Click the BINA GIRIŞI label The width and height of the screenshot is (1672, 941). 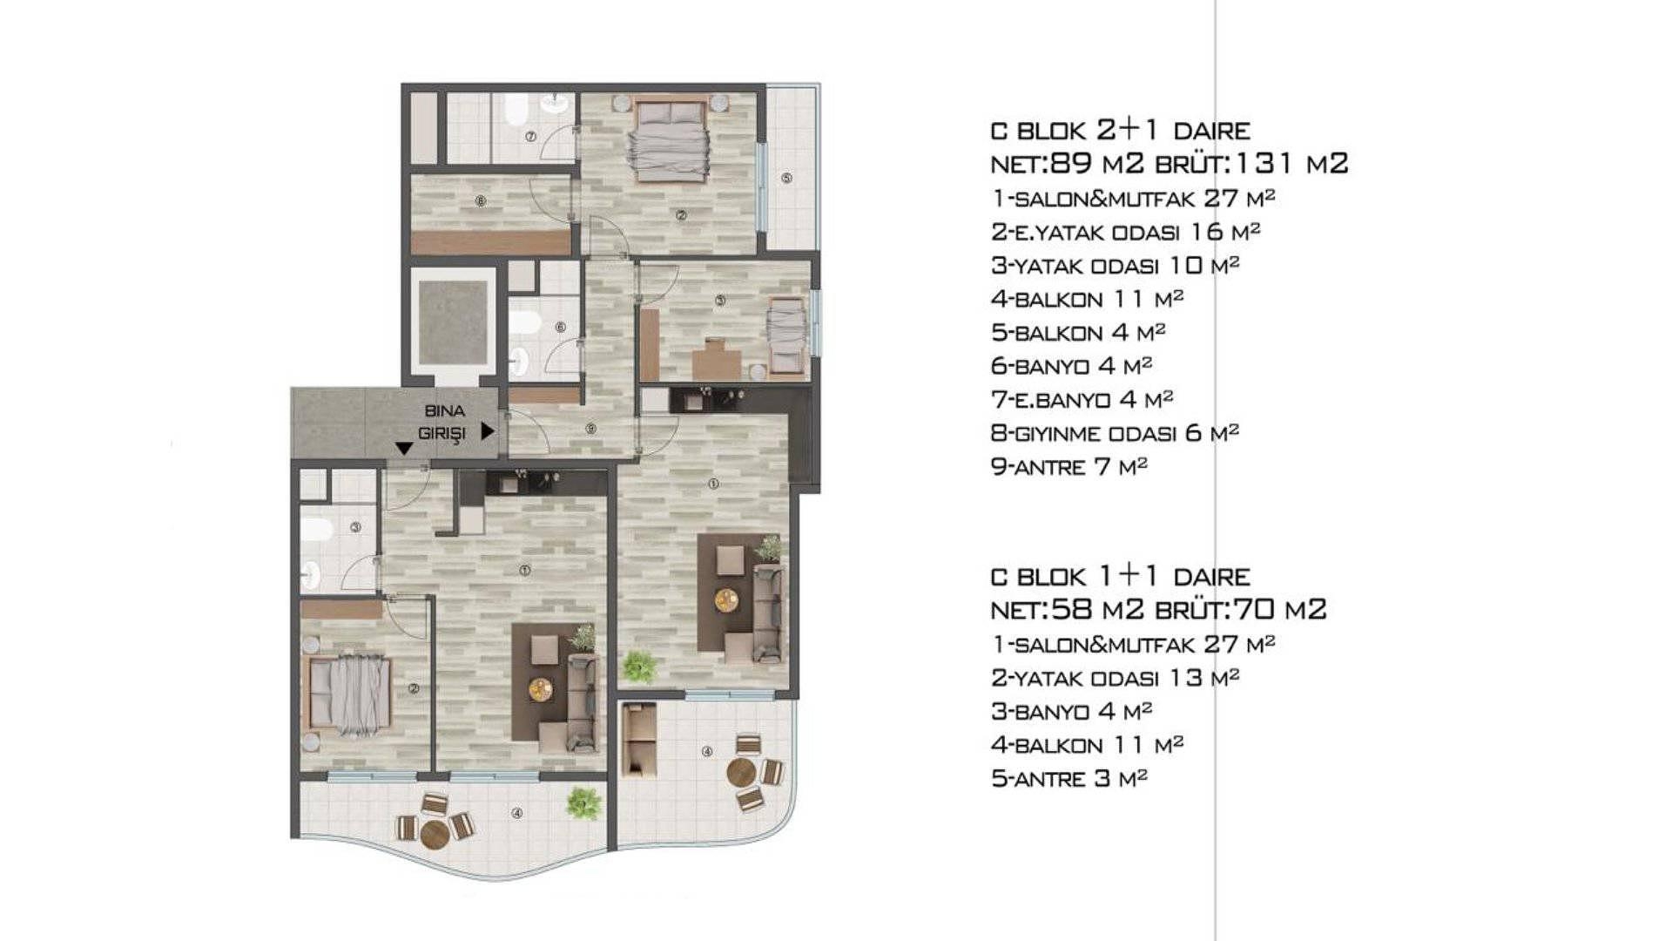[443, 422]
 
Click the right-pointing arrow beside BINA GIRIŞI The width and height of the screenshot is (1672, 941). [488, 431]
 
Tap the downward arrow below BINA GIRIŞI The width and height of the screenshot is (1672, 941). [404, 449]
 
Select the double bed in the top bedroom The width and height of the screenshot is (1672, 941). [670, 140]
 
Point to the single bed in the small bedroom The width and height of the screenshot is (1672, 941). [786, 335]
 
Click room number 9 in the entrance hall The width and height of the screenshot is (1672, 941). [590, 429]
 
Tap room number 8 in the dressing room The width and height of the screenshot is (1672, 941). [480, 201]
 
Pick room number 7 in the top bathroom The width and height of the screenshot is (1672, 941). [529, 137]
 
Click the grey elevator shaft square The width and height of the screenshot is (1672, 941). [453, 323]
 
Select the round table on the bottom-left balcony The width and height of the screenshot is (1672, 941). [435, 834]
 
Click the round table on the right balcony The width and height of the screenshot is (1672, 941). [741, 772]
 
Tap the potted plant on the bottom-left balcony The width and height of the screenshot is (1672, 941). [583, 803]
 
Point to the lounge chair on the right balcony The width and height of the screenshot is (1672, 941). [638, 740]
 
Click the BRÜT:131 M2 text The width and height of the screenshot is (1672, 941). [1251, 163]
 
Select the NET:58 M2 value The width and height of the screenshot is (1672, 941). [1067, 609]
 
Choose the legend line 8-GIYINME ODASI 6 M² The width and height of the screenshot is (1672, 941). [1115, 433]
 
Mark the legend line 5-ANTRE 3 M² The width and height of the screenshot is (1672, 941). [1069, 778]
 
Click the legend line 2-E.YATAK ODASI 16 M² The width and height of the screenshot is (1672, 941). [1126, 232]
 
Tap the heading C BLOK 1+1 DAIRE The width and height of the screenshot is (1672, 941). [1121, 576]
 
